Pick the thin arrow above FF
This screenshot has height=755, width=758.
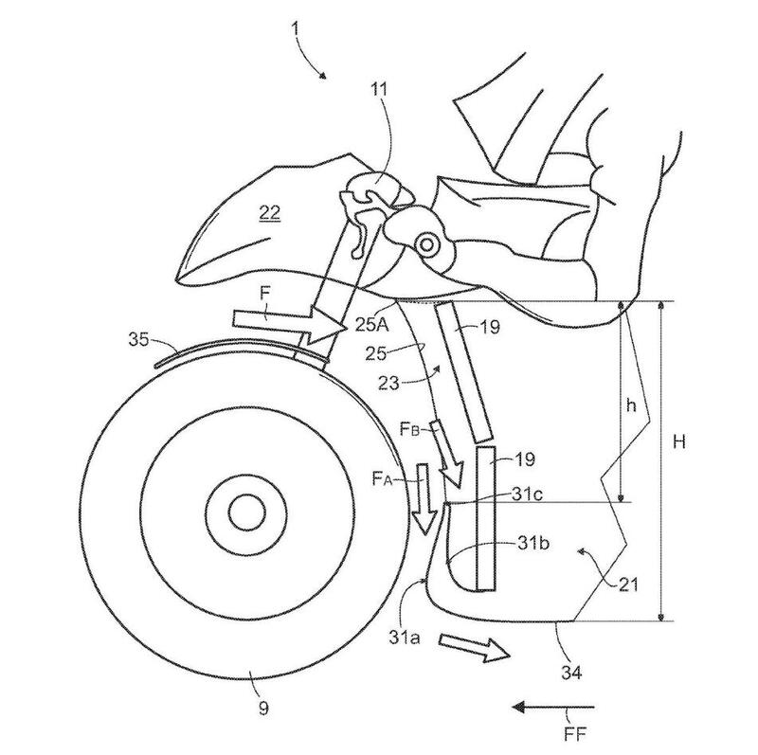553,706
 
